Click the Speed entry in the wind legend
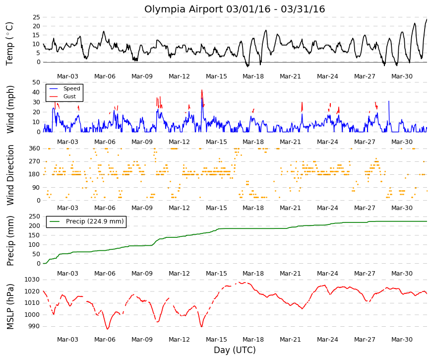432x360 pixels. point(71,88)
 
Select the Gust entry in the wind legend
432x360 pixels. point(69,96)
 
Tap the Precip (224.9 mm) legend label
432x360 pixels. point(95,221)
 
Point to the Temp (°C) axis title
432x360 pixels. point(9,44)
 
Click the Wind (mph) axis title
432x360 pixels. point(10,110)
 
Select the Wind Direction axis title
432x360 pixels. point(10,175)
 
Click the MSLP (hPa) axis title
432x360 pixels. point(10,307)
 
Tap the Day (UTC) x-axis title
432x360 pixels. point(235,350)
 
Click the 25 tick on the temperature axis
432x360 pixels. point(36,17)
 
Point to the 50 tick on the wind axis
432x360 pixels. point(36,82)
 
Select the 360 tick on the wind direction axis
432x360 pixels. point(35,148)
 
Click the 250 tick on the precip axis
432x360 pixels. point(35,216)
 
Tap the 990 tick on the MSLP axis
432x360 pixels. point(34,326)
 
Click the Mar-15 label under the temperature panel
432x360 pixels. point(216,76)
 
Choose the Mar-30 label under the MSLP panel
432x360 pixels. point(402,340)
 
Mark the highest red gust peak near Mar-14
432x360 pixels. point(202,90)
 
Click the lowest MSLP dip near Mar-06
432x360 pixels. point(108,329)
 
